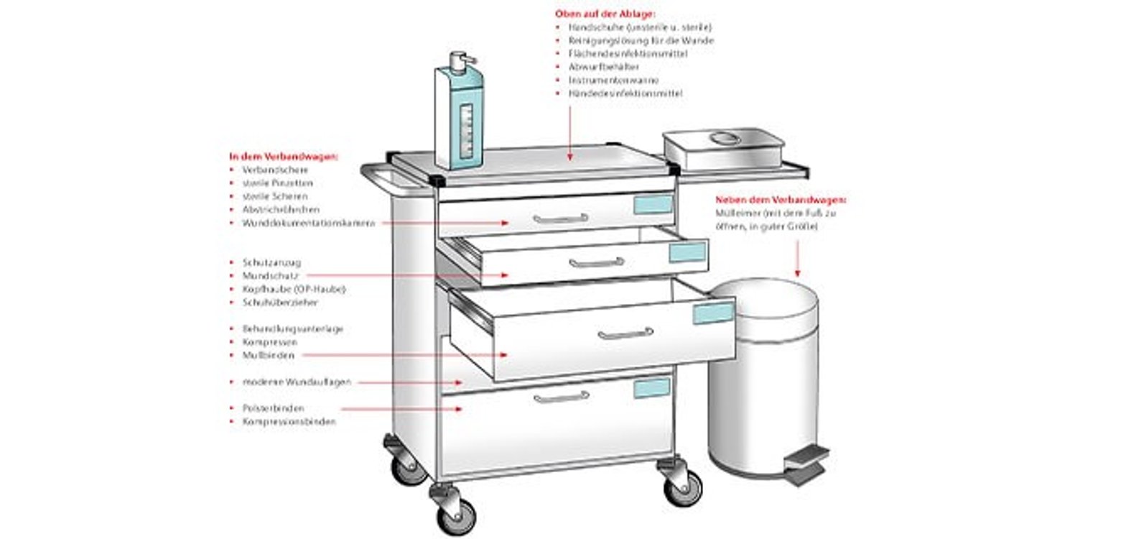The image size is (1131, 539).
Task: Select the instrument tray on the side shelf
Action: click(722, 147)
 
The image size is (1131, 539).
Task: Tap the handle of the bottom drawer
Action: click(561, 397)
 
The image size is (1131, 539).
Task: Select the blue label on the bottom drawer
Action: click(651, 388)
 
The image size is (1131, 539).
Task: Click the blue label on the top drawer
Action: click(653, 205)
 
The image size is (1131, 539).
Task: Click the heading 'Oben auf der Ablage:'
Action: click(605, 14)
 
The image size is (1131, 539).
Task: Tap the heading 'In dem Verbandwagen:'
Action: click(284, 156)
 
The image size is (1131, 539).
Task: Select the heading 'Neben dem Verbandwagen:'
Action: click(781, 200)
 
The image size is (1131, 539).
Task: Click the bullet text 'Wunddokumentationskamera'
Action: click(309, 224)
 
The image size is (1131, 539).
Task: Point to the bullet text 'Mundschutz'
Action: click(271, 276)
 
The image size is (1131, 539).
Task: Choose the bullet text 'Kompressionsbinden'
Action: click(289, 422)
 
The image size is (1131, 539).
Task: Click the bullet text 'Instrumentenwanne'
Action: click(613, 80)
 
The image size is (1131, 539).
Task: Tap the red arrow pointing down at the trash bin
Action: click(797, 259)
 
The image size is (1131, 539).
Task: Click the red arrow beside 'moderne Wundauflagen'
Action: click(409, 382)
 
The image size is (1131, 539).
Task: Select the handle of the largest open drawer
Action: click(625, 333)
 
